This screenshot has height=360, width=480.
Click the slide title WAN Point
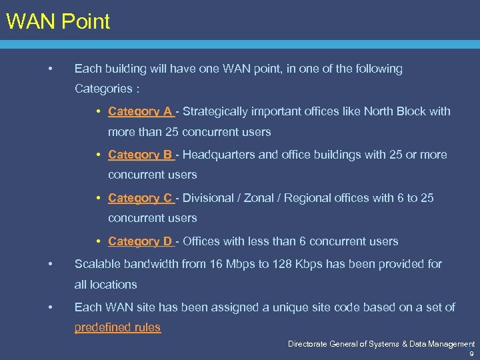coord(57,21)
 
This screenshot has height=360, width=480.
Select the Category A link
coord(140,111)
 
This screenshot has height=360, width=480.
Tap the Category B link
coord(140,155)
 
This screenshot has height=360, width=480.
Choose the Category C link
coord(140,198)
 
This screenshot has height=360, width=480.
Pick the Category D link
coord(140,241)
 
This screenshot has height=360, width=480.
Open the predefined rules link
coord(117,327)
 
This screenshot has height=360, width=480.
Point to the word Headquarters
coord(219,155)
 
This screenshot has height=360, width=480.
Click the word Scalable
coord(97,264)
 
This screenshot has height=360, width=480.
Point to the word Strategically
coord(215,111)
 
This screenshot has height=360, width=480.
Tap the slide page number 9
coord(471,354)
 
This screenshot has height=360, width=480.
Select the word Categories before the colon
coord(103,89)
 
